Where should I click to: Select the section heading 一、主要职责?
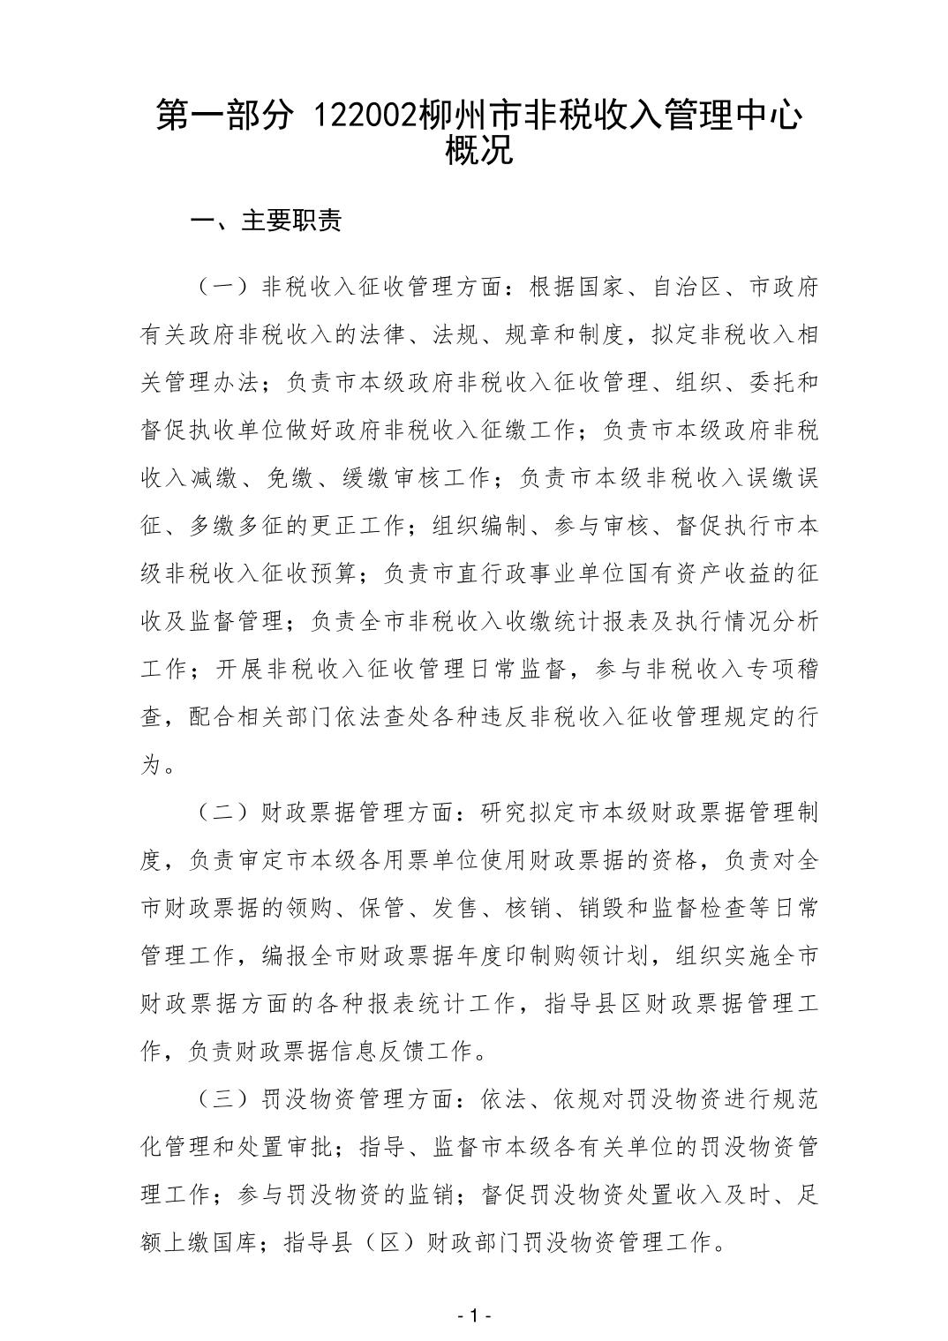[x=267, y=221]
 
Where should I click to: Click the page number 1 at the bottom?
[x=474, y=1316]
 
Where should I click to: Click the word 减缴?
[x=214, y=479]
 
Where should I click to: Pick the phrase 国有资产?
[x=663, y=574]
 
